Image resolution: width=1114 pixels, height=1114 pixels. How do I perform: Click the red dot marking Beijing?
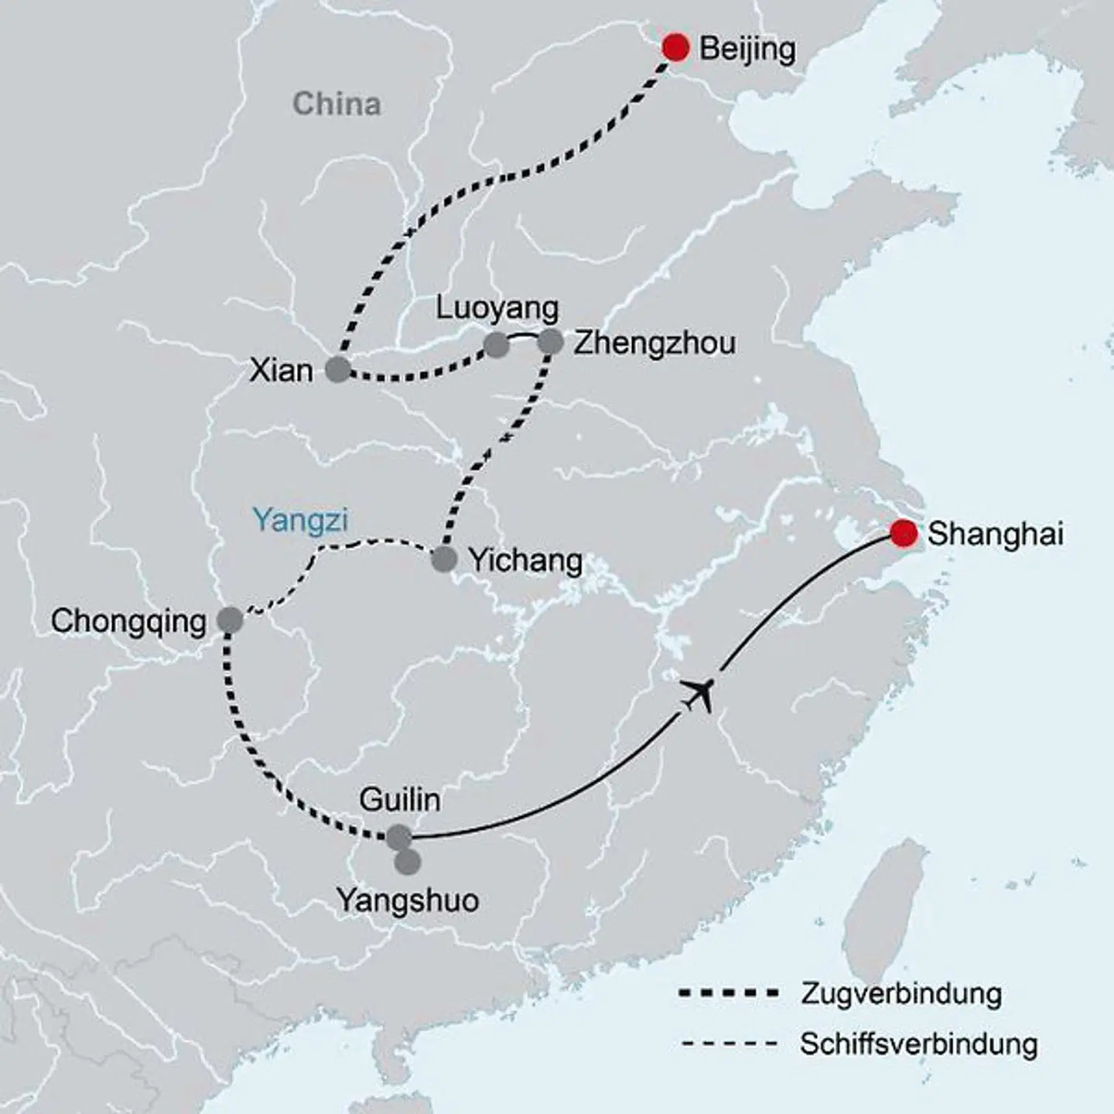pyautogui.click(x=675, y=48)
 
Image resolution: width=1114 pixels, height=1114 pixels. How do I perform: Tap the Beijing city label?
pyautogui.click(x=747, y=49)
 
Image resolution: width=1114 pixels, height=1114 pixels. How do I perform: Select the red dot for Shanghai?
pyautogui.click(x=903, y=533)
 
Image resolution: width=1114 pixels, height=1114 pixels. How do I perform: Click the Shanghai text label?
pyautogui.click(x=995, y=534)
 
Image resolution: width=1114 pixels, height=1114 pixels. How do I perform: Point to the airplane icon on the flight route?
pyautogui.click(x=699, y=692)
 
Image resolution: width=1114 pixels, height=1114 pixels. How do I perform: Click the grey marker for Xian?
pyautogui.click(x=337, y=370)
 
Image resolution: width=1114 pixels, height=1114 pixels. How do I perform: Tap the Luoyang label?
pyautogui.click(x=497, y=308)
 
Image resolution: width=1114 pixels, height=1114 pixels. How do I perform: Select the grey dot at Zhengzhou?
pyautogui.click(x=550, y=341)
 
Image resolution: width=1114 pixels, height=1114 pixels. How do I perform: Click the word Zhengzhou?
pyautogui.click(x=654, y=343)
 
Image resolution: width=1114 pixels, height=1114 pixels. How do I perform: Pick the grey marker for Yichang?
pyautogui.click(x=444, y=559)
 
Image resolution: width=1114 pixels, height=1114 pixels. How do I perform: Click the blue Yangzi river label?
pyautogui.click(x=300, y=521)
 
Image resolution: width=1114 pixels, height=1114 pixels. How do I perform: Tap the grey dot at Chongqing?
pyautogui.click(x=230, y=620)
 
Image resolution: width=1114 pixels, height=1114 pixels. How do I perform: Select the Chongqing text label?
pyautogui.click(x=128, y=621)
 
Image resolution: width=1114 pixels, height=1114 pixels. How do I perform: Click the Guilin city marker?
pyautogui.click(x=399, y=837)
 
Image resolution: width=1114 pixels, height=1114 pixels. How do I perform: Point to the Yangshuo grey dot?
pyautogui.click(x=408, y=862)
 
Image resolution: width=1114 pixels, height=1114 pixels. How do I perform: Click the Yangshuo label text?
pyautogui.click(x=408, y=900)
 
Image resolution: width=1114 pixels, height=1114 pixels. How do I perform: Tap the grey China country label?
pyautogui.click(x=337, y=104)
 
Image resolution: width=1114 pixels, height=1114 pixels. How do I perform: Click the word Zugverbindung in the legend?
pyautogui.click(x=900, y=993)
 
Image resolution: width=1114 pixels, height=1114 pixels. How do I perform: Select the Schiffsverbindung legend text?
pyautogui.click(x=918, y=1044)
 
